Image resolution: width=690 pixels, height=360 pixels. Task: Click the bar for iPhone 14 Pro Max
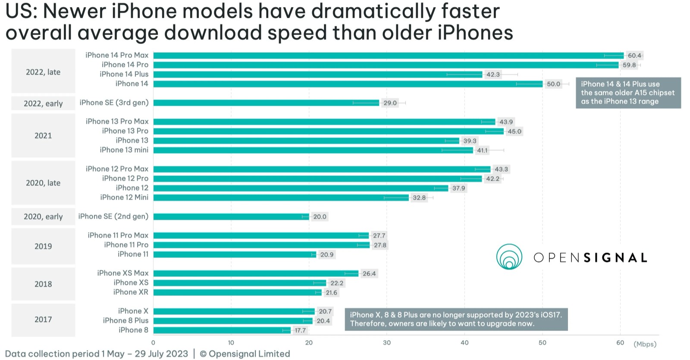388,55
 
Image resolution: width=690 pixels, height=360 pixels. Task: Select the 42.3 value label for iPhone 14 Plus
493,75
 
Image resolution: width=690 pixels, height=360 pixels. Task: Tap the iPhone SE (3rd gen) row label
114,103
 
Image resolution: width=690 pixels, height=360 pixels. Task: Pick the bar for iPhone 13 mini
313,150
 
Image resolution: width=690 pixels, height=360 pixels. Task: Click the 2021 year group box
43,136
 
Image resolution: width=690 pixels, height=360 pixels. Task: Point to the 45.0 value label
514,131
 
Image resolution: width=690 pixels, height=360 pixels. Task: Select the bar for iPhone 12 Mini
281,197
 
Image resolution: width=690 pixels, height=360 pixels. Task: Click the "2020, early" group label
43,216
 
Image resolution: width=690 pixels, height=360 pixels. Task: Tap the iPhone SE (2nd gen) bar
231,216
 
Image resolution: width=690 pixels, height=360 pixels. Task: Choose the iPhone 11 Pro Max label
118,235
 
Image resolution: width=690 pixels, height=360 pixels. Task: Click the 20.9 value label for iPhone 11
327,255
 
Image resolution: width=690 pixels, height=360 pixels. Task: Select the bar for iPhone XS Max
256,273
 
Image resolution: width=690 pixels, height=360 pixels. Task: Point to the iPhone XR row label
131,292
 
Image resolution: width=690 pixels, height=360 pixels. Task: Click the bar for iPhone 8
222,330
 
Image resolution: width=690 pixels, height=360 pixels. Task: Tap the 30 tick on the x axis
387,343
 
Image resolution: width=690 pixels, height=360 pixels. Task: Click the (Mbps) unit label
645,344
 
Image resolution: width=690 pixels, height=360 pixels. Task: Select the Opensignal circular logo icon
509,257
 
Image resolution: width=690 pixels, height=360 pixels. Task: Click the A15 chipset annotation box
628,93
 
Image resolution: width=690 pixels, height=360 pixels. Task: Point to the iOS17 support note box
456,319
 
